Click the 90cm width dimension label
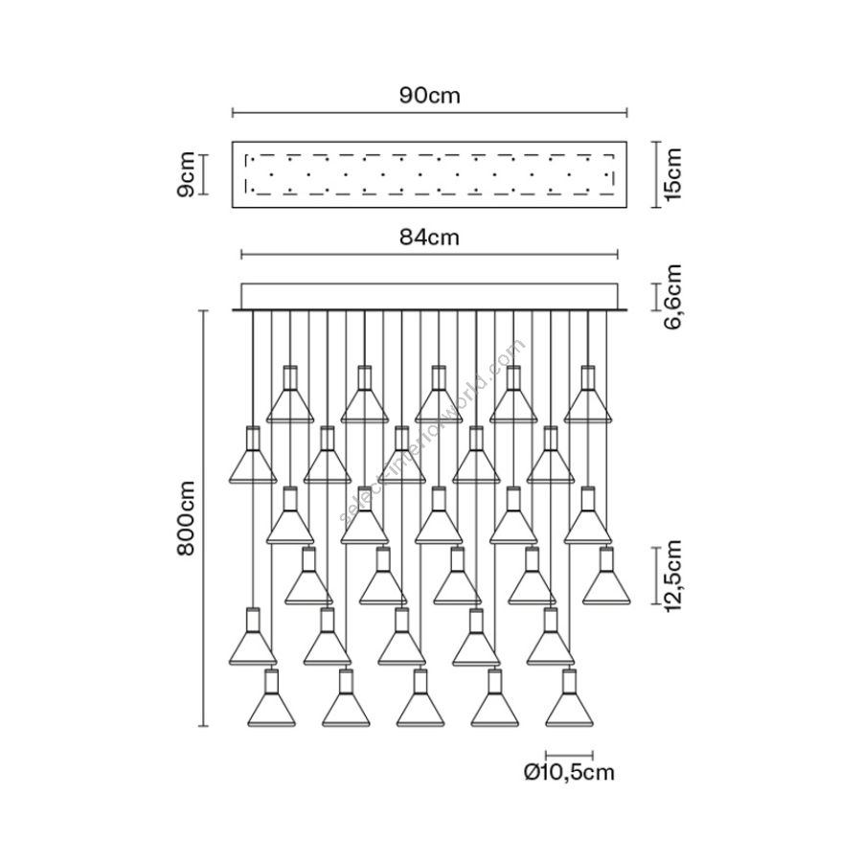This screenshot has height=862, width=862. tap(430, 96)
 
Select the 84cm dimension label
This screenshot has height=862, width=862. tap(429, 238)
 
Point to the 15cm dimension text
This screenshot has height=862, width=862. tap(673, 173)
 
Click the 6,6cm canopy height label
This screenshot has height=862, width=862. tap(673, 297)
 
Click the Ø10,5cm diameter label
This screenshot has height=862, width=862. tap(570, 773)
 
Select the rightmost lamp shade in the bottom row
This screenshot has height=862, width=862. tap(570, 704)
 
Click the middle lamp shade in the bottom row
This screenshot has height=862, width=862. tap(420, 704)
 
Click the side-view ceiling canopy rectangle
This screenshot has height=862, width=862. tap(429, 296)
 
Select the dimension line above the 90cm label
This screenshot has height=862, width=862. tap(430, 113)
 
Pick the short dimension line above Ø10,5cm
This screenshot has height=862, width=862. tap(570, 753)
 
